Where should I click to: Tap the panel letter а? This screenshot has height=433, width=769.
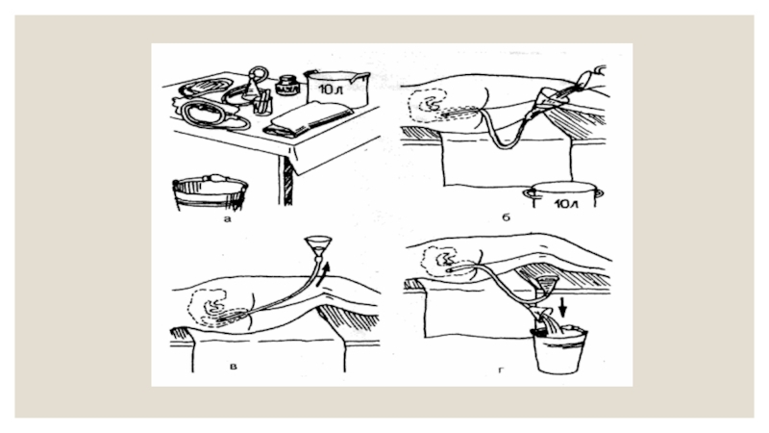point(227,218)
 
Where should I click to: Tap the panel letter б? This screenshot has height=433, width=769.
point(507,219)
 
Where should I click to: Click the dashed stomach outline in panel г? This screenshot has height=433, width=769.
point(447,259)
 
